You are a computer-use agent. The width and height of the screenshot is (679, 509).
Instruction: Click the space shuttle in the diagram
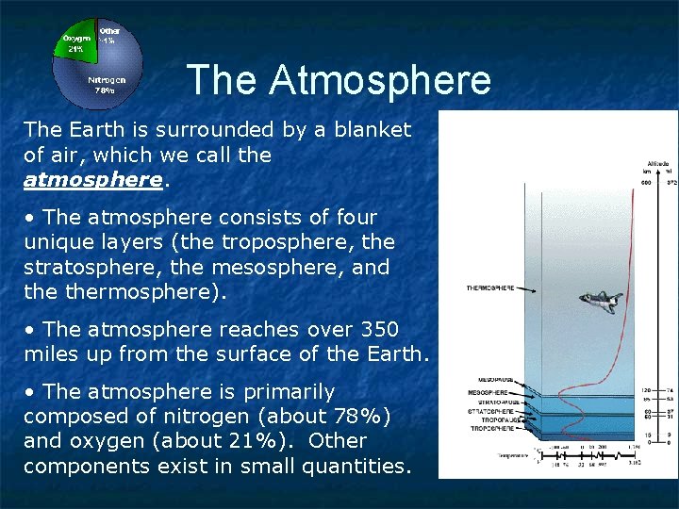click(597, 302)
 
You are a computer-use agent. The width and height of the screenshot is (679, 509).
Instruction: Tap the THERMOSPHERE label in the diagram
click(490, 287)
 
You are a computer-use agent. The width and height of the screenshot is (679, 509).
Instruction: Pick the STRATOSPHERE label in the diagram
click(490, 411)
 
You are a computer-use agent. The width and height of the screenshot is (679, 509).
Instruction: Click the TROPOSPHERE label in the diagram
click(490, 429)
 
